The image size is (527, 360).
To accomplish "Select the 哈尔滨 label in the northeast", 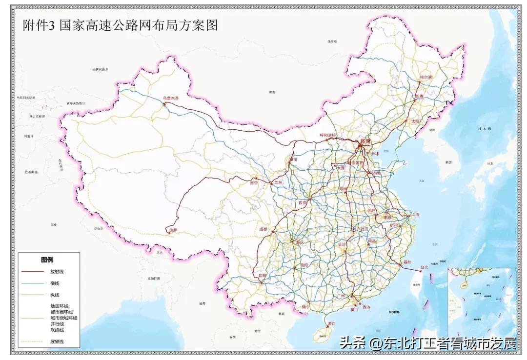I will coord(426,78).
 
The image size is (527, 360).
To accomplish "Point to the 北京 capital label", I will coord(365,141).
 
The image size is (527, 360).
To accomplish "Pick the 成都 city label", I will coord(263,229).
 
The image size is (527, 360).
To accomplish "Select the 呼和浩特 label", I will coord(328,135).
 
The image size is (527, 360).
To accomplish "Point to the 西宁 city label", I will coord(253,183).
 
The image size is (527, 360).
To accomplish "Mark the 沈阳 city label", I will coord(415,121).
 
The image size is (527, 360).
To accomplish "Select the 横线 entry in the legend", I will coord(55,283).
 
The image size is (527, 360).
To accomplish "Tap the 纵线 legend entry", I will coord(55,295).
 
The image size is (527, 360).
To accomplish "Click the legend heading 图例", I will coord(47,260).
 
